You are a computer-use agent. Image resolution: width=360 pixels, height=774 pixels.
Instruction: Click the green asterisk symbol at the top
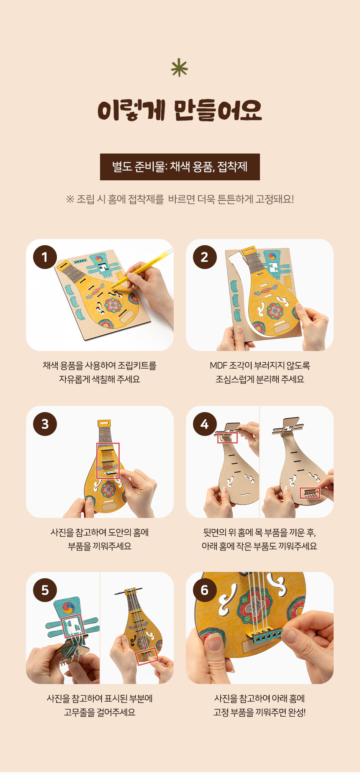tap(180, 68)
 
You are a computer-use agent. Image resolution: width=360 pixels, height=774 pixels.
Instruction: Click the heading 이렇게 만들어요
tap(180, 110)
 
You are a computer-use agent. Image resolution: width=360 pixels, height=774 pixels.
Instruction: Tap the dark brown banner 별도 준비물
tap(180, 167)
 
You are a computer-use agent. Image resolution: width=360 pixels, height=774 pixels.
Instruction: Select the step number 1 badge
tap(45, 257)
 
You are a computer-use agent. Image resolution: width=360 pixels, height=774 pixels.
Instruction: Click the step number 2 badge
tap(205, 257)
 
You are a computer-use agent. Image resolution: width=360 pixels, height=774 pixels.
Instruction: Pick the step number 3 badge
tap(45, 424)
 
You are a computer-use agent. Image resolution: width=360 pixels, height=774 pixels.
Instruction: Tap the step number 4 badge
tap(205, 424)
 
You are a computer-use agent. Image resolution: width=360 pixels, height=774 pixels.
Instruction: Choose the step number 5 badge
tap(45, 590)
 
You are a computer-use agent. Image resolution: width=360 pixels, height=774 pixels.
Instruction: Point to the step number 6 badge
tap(205, 590)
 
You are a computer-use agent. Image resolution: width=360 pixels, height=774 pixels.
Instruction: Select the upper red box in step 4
tap(227, 438)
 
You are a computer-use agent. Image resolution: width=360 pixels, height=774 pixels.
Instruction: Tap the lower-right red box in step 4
tap(310, 493)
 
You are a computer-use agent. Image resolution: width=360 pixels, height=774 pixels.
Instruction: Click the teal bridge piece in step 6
tap(265, 635)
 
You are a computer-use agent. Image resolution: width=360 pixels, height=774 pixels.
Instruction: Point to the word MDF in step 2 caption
tap(219, 366)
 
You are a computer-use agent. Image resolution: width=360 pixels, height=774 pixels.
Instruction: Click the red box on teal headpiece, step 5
tap(73, 626)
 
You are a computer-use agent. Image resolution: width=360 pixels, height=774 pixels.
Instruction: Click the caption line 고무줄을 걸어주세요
tap(100, 712)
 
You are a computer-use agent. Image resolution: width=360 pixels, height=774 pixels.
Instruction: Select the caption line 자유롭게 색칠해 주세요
tap(100, 379)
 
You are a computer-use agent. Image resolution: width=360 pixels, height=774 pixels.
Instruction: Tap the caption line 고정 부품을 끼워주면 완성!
tap(260, 712)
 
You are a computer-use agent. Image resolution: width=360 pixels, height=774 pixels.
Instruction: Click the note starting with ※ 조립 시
tap(180, 199)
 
